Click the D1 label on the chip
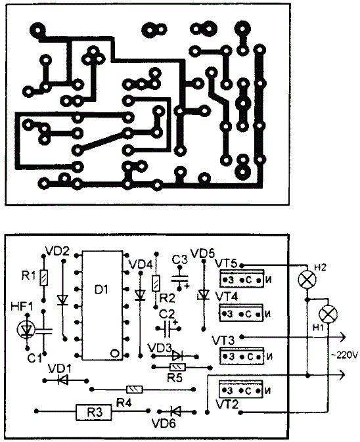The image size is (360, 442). click(x=101, y=289)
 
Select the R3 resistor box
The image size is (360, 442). click(x=94, y=412)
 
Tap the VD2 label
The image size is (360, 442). click(x=57, y=251)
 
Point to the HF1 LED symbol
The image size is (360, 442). click(x=26, y=329)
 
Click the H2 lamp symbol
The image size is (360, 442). click(x=307, y=279)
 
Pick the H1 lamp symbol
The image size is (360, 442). click(x=328, y=315)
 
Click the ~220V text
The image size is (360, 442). click(x=344, y=355)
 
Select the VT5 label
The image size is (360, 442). click(x=226, y=263)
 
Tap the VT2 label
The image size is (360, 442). click(x=227, y=405)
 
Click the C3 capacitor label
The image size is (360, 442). click(x=180, y=259)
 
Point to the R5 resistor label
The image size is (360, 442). click(x=175, y=378)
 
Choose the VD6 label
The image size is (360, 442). click(x=164, y=423)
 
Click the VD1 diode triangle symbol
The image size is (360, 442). click(x=62, y=380)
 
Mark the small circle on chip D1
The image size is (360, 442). click(x=114, y=353)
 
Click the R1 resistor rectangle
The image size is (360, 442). click(x=44, y=278)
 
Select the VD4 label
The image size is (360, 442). click(x=141, y=265)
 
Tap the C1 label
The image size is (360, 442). click(x=35, y=358)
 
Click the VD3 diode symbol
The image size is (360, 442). click(x=177, y=356)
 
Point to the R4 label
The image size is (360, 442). click(x=124, y=403)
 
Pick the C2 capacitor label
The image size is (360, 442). click(x=167, y=314)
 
